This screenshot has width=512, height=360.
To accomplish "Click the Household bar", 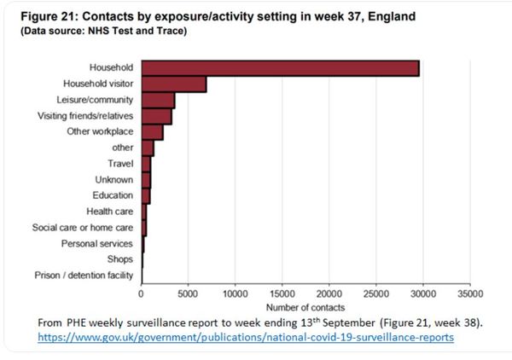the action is pos(281,68).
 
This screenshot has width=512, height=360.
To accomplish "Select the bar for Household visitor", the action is pos(174,84).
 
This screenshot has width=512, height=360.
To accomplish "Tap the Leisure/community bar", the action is pos(159,101).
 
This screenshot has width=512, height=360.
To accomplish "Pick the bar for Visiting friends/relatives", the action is pos(157,117).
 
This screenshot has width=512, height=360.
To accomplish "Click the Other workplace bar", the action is pos(153,132).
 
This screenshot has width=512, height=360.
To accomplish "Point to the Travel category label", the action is pos(120,163).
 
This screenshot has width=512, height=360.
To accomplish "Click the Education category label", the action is pos(113,195).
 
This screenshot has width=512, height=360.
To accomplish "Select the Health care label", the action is pos(110,212).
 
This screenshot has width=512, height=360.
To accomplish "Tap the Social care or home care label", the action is pos(83,227).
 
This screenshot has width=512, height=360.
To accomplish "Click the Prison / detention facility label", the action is pos(84,276).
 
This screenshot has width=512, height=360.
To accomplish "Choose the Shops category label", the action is pos(120,259).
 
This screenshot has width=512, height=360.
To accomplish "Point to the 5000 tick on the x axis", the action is pos(188,293).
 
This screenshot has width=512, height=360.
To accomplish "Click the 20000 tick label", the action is pos(329,293).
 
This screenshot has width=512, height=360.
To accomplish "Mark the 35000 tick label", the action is pos(470,293).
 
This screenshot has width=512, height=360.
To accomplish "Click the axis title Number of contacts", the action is pos(305,307).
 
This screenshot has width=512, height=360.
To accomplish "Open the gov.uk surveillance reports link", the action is pos(246,337).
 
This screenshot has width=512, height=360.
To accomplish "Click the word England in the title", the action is pos(392,17).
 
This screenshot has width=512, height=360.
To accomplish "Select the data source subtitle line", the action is pos(104,31).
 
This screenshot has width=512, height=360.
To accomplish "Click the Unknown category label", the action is pos(114,179).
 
